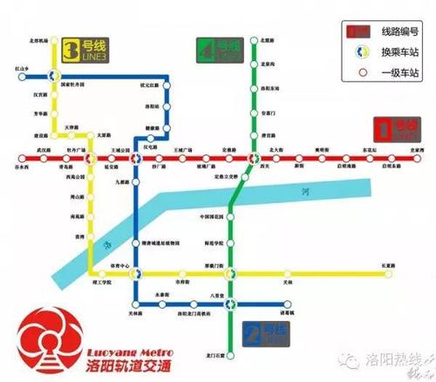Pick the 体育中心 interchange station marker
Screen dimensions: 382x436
click(134, 272)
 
